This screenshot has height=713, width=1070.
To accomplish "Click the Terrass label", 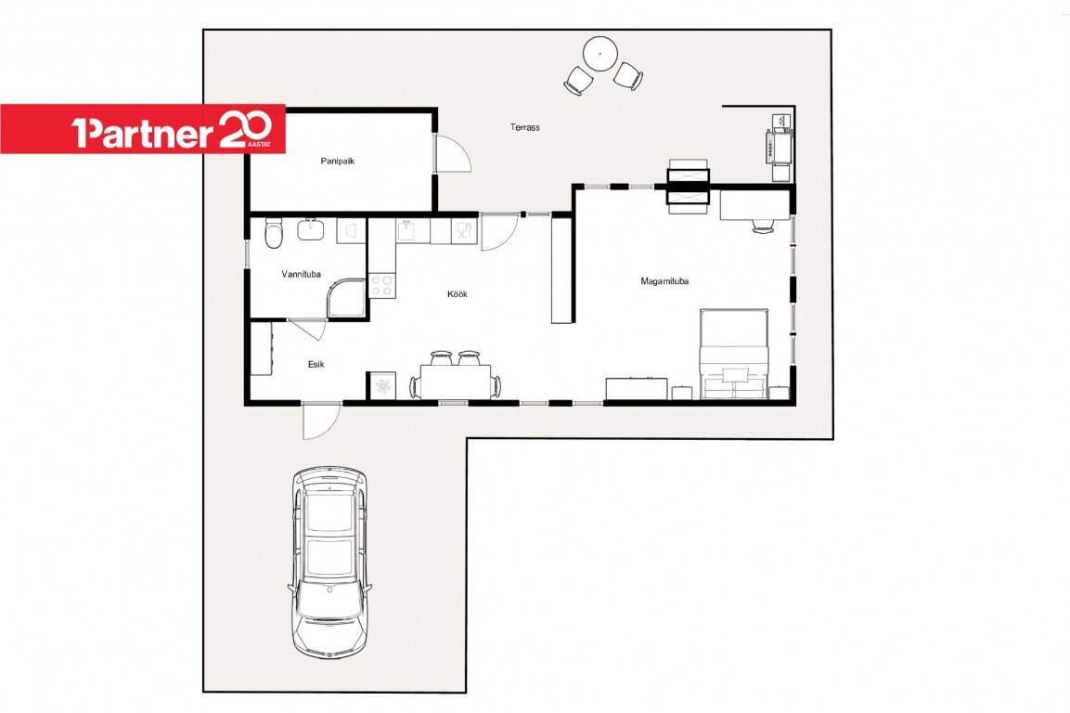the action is click(524, 127).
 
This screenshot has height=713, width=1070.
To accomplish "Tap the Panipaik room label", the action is click(338, 162).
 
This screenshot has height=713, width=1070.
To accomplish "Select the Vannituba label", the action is click(301, 275).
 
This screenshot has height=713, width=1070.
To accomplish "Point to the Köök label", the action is click(458, 294).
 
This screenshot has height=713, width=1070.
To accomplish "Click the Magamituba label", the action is click(664, 280).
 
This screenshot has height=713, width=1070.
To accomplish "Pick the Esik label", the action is click(316, 365).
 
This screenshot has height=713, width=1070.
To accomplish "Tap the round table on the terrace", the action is click(600, 53).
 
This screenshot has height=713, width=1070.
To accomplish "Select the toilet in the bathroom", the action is click(273, 234).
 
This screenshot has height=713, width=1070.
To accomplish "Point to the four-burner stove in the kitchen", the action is click(381, 285).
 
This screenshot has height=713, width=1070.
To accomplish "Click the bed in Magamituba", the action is click(734, 353).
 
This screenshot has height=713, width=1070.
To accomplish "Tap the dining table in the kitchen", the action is click(455, 381).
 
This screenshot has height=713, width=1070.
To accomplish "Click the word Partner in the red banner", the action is click(143, 133).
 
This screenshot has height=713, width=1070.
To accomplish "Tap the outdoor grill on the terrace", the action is click(779, 146).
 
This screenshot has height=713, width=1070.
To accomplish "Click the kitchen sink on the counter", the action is click(406, 230).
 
